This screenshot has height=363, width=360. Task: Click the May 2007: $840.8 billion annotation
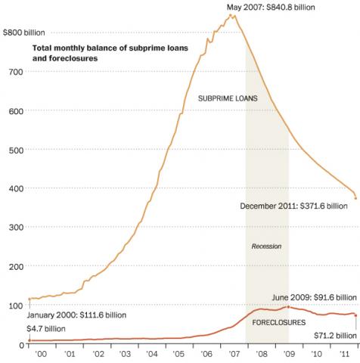point(271,8)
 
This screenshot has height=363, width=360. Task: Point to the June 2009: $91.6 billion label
point(313,298)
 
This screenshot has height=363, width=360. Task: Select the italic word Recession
point(266,247)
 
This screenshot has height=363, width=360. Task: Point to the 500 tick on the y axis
point(16,150)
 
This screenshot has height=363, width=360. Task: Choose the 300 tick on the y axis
point(16,228)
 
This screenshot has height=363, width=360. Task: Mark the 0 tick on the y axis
point(20,345)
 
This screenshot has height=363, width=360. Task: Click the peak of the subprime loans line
point(232,15)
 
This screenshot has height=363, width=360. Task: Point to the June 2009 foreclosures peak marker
point(288,307)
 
